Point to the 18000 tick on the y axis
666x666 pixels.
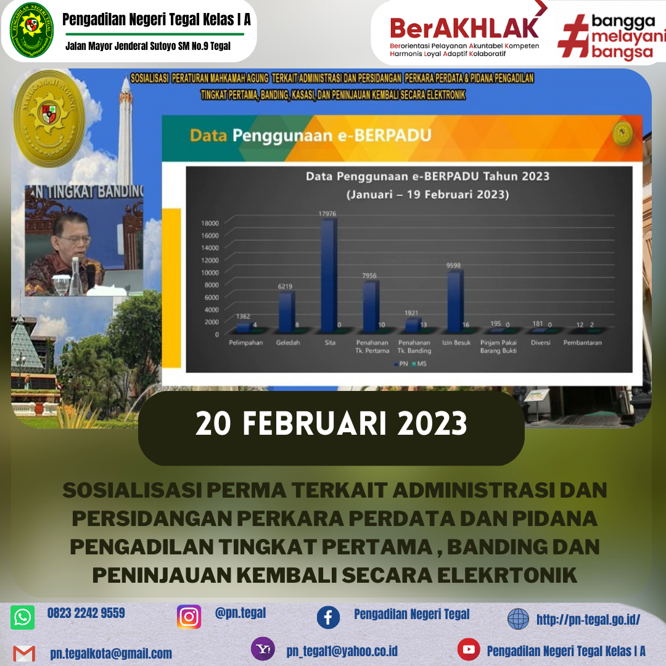[210, 223]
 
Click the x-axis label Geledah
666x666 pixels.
[288, 343]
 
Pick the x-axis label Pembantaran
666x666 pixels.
[582, 343]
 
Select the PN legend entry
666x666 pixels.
[402, 364]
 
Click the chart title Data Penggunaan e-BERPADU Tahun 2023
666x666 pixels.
[428, 176]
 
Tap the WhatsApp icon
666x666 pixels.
[23, 617]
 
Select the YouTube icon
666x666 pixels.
[469, 649]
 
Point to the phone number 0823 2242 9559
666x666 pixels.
[86, 613]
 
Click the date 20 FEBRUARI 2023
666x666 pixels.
[331, 424]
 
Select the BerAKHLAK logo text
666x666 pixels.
[464, 28]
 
